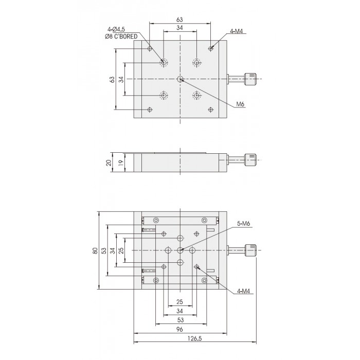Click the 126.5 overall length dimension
195,338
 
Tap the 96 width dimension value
180,329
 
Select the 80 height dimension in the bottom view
95,250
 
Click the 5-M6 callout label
243,223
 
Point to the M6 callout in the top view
240,104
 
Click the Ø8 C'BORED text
121,37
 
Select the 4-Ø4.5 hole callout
116,29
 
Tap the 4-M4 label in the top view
236,31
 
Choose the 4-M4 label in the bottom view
243,291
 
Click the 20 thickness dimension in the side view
109,163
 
